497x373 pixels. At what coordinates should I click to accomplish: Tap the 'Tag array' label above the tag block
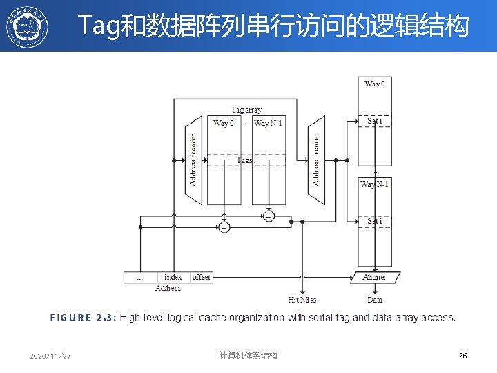point(246,110)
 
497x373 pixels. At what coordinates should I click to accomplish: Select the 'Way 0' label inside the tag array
point(224,123)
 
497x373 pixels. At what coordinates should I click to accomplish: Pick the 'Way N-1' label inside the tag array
point(269,123)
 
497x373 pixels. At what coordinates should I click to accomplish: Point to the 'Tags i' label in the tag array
point(246,160)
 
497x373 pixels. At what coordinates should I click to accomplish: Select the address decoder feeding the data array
point(317,160)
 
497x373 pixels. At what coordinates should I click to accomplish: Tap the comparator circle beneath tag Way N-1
point(269,216)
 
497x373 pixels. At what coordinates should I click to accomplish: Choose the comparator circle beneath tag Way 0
point(224,227)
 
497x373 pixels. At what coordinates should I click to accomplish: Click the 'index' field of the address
point(173,277)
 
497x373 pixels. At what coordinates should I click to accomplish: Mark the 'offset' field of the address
point(201,277)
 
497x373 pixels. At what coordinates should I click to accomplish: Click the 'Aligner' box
point(374,277)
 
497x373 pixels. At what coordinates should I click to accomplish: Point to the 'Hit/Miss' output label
point(302,300)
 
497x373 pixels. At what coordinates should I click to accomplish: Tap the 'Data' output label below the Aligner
point(375,300)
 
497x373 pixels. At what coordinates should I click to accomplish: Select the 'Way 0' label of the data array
point(375,84)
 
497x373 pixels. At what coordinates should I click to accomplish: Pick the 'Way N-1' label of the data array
point(375,184)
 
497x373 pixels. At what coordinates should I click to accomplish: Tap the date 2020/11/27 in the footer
point(50,356)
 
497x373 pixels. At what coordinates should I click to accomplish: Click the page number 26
point(462,356)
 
